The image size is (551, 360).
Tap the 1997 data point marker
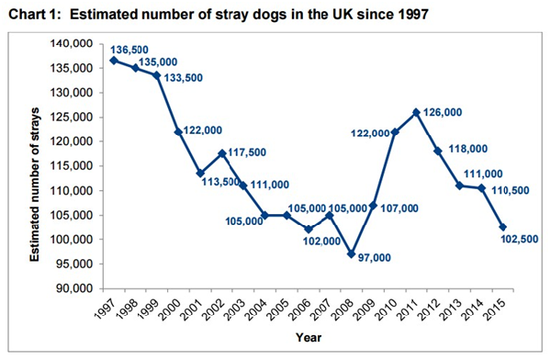click(113, 61)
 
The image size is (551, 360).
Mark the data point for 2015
click(502, 227)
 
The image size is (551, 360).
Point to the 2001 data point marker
click(199, 173)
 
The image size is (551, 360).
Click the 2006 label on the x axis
click(302, 311)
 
